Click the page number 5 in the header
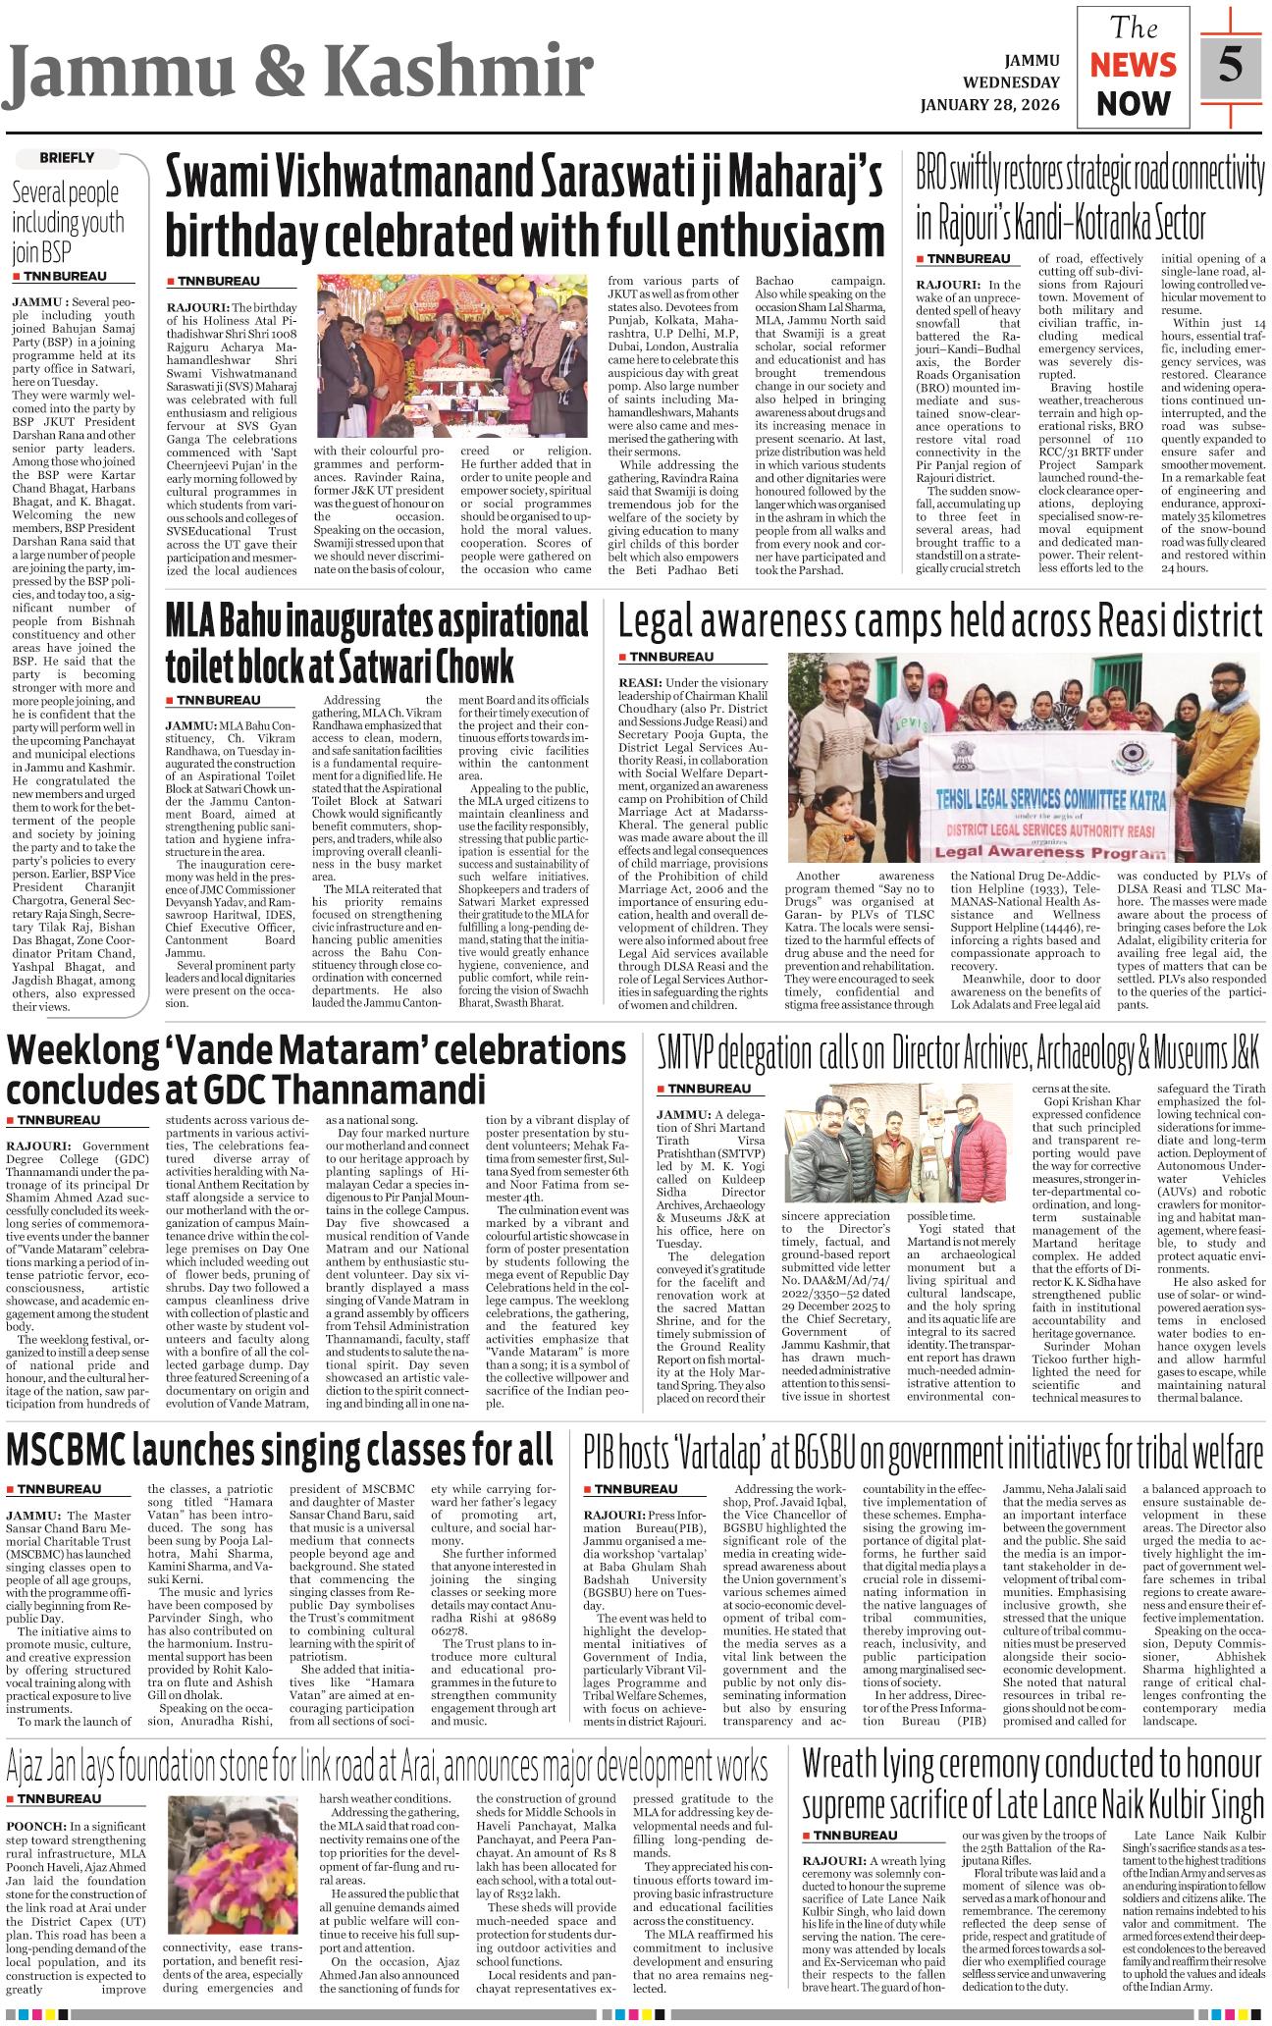(1230, 65)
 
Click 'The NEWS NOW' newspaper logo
(1133, 66)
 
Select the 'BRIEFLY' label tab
(67, 157)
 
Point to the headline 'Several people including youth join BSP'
(67, 223)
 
